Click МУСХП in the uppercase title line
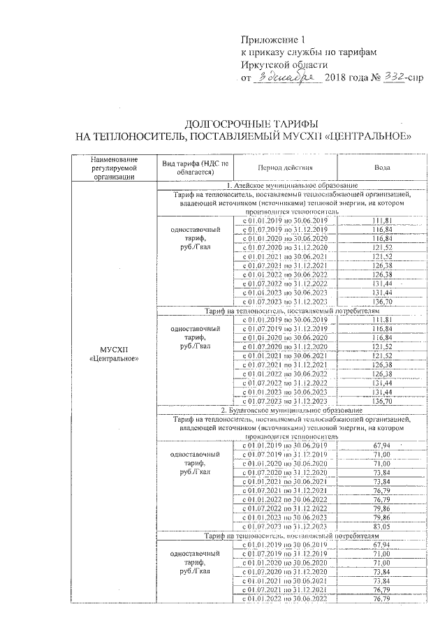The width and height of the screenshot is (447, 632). (x=304, y=135)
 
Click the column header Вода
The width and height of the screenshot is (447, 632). (x=381, y=168)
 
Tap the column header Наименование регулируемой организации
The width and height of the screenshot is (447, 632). (x=115, y=168)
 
